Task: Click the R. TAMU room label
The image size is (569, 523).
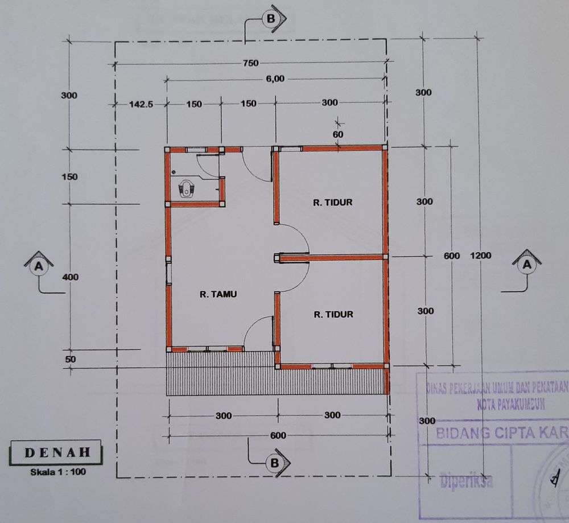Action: pyautogui.click(x=218, y=294)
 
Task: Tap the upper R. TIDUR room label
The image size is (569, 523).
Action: pyautogui.click(x=333, y=202)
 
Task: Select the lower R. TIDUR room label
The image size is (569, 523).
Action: pyautogui.click(x=333, y=314)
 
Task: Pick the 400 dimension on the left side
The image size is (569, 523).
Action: pyautogui.click(x=69, y=277)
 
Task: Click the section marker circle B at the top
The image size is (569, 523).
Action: pyautogui.click(x=270, y=18)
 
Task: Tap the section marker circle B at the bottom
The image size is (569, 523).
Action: pyautogui.click(x=274, y=463)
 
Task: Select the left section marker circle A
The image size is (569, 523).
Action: pyautogui.click(x=39, y=266)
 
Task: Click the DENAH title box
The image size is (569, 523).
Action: pyautogui.click(x=56, y=453)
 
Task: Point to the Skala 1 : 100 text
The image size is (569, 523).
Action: pyautogui.click(x=56, y=471)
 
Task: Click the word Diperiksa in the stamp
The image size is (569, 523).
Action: pyautogui.click(x=466, y=480)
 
